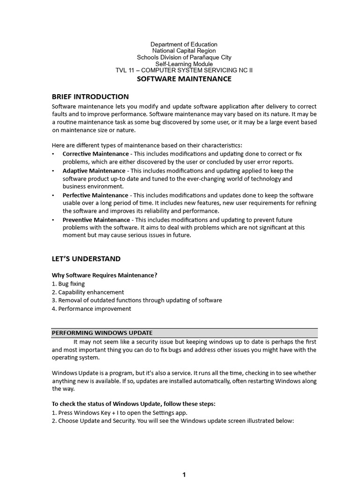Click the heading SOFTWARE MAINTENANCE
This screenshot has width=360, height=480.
(x=184, y=79)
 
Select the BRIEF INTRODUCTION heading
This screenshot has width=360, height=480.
(x=90, y=97)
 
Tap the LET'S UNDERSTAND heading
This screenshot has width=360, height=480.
(x=86, y=259)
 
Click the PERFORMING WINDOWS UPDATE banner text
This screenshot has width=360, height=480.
(x=102, y=333)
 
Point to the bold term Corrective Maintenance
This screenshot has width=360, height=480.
(x=96, y=154)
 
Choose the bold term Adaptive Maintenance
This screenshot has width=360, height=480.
(x=94, y=171)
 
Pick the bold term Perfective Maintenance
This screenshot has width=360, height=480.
(x=95, y=195)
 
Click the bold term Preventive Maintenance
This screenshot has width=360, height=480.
(x=96, y=220)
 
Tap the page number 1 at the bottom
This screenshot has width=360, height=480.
(x=184, y=475)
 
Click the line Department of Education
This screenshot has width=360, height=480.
(x=184, y=45)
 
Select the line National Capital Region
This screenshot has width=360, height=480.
(x=184, y=51)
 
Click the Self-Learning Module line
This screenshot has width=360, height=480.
(x=184, y=64)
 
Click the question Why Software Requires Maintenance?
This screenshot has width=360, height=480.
(x=104, y=275)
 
